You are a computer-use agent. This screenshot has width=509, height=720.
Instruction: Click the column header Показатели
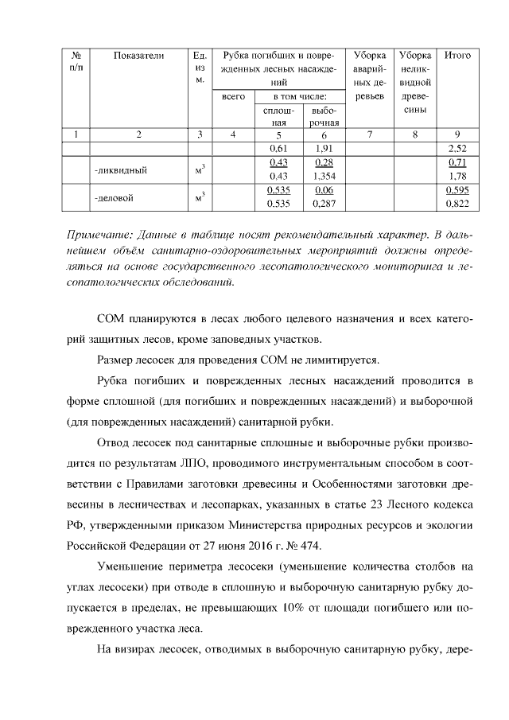(x=138, y=56)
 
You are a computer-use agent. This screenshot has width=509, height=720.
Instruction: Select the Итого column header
(x=457, y=56)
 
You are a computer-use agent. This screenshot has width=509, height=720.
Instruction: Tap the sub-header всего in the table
(x=232, y=96)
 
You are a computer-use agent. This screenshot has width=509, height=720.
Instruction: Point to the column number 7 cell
(x=371, y=134)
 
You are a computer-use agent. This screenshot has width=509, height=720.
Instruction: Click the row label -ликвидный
(x=120, y=169)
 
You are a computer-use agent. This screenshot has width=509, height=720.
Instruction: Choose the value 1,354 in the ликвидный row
(x=324, y=176)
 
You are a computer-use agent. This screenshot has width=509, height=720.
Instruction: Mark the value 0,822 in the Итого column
(x=457, y=204)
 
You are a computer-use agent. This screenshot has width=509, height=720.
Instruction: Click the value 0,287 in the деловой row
(x=324, y=204)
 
